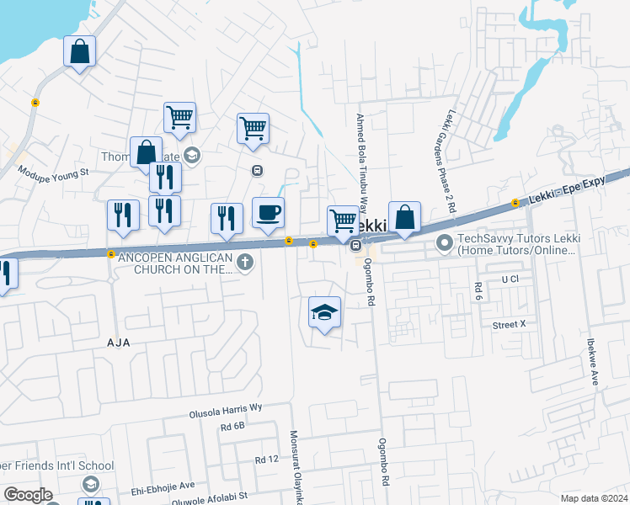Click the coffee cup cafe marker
[268, 214]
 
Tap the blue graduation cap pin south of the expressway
[324, 313]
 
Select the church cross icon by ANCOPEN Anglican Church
[245, 263]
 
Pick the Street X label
[509, 324]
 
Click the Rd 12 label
[266, 460]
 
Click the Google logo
[28, 495]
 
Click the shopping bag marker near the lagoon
[79, 52]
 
